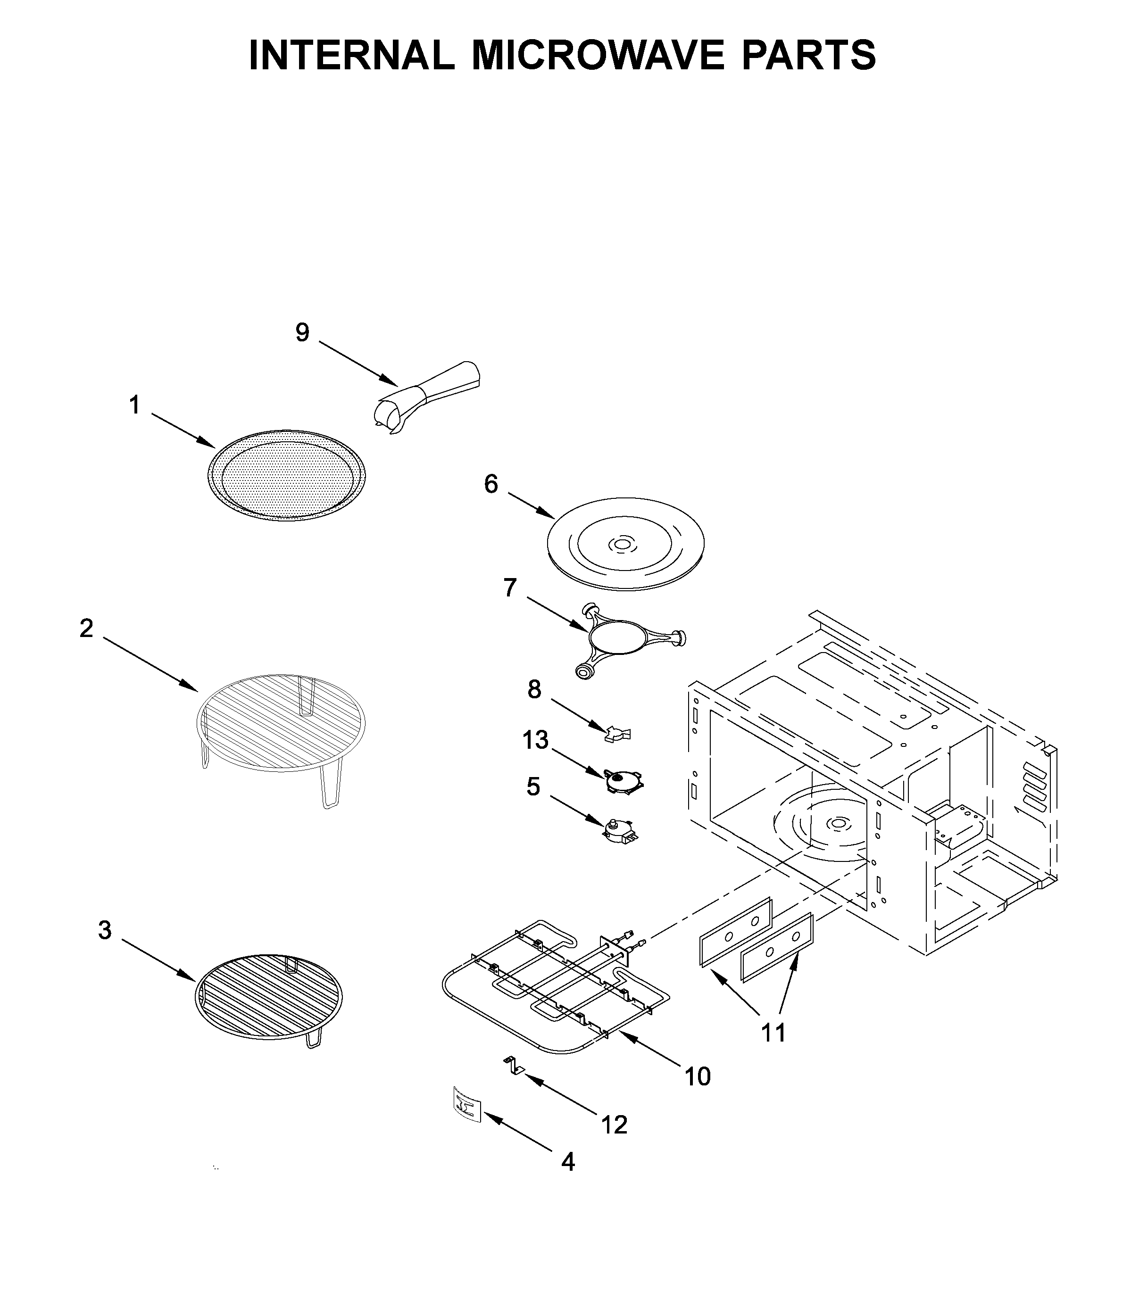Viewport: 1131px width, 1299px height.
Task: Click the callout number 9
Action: coord(302,333)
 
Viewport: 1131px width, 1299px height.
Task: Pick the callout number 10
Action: coord(698,1077)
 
